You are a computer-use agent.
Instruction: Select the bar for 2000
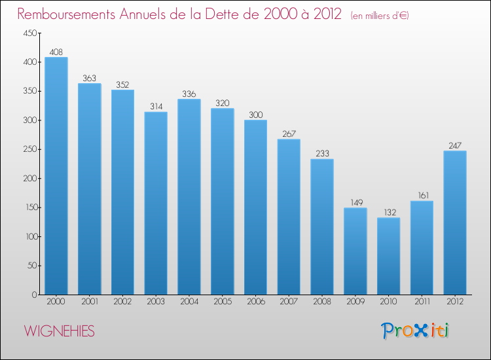(56, 176)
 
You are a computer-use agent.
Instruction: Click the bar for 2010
(388, 256)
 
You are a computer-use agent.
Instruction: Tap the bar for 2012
(455, 223)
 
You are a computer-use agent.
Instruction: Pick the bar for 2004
(189, 196)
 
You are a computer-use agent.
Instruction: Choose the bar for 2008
(322, 226)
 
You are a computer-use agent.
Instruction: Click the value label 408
(56, 52)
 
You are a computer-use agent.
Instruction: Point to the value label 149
(355, 202)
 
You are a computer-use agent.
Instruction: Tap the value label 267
(289, 134)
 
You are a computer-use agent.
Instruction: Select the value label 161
(422, 195)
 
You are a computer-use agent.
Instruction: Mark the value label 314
(156, 106)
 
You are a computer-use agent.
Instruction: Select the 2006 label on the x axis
(255, 302)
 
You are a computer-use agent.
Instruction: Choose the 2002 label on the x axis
(122, 302)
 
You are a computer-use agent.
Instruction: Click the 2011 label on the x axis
(422, 302)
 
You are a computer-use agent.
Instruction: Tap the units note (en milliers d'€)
(380, 16)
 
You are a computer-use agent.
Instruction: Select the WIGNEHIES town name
(60, 331)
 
